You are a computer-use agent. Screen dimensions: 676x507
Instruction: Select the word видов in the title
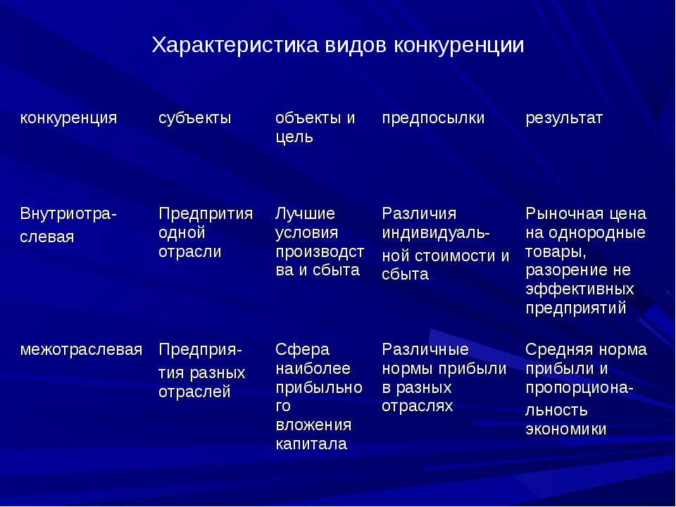356,45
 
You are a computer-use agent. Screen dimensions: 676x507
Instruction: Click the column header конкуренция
68,118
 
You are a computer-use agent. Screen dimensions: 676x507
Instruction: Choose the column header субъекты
195,118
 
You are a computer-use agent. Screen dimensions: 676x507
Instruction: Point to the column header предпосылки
433,118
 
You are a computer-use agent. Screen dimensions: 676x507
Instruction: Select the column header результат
564,118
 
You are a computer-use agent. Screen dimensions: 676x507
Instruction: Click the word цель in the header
294,137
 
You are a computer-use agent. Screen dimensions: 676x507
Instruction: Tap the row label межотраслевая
81,350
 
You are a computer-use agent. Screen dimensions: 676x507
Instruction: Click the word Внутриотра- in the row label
68,214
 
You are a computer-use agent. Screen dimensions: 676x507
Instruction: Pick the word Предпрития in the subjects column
206,214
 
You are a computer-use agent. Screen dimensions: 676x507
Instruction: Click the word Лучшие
305,214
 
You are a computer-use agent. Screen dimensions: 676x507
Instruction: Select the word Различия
419,214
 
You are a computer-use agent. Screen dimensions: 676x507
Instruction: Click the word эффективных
580,289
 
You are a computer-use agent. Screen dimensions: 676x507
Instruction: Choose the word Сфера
302,350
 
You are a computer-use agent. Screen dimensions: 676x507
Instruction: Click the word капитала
311,444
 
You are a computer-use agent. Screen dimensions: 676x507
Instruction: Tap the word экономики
566,430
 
